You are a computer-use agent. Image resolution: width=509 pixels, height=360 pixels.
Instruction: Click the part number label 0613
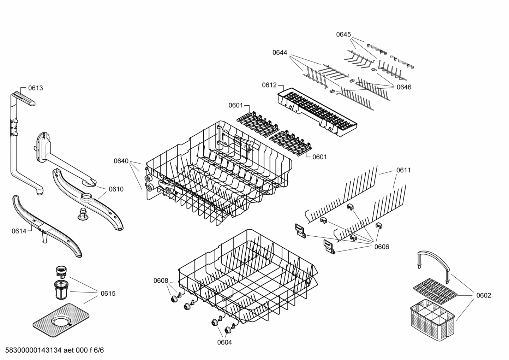point(35,88)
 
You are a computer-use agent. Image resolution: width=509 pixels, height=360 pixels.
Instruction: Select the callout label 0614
point(19,231)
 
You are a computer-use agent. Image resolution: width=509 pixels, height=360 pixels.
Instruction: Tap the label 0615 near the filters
point(108,293)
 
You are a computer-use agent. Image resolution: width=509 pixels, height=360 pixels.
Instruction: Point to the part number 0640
point(121,161)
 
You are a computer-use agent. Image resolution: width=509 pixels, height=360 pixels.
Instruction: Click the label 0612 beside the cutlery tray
point(269,85)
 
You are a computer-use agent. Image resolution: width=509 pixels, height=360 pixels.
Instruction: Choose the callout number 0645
point(343,34)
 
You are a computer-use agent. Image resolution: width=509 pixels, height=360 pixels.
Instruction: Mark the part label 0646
point(404,87)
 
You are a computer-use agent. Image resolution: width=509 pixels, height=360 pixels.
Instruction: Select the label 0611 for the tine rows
point(403,170)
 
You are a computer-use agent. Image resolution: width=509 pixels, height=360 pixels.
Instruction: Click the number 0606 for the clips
point(382,247)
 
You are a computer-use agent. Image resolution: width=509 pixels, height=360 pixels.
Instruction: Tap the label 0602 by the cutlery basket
point(483,295)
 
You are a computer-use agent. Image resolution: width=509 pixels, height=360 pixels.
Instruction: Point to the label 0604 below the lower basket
point(224,342)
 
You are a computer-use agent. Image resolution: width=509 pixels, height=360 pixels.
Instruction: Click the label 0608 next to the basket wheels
point(161,281)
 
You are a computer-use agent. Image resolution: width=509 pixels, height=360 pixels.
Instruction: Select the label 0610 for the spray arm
point(116,189)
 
